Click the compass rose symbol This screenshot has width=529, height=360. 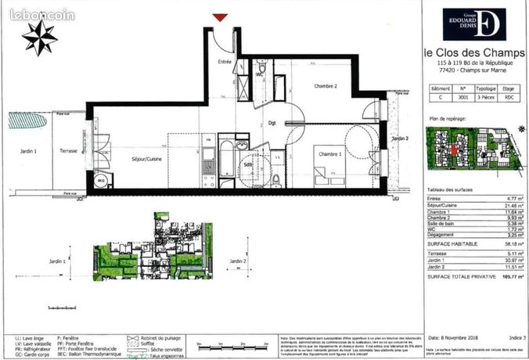coord(39,36)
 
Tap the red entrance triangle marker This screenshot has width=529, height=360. coord(220,17)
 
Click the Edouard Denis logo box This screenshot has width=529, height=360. coord(473,24)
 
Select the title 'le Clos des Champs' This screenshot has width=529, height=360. coord(475,52)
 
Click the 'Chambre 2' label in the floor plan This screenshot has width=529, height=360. coord(326,86)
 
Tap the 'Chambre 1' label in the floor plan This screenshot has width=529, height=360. coord(326,154)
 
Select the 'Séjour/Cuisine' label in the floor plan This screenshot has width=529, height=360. coord(147,159)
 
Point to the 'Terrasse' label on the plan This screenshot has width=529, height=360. coord(68,150)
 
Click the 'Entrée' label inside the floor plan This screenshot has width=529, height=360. coord(225,61)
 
